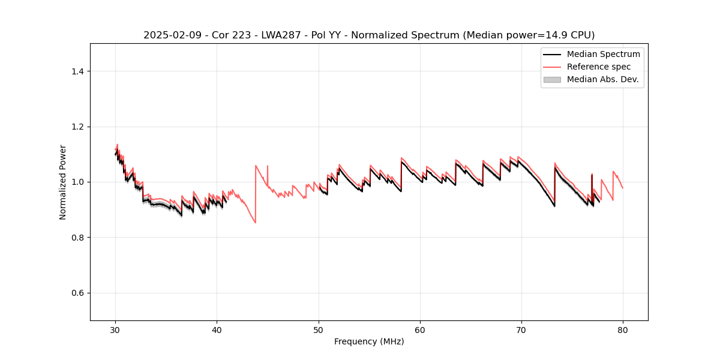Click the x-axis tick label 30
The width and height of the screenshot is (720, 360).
[115, 329]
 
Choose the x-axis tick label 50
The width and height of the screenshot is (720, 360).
[318, 329]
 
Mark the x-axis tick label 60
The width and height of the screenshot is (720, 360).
[419, 329]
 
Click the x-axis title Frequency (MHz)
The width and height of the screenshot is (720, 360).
[369, 341]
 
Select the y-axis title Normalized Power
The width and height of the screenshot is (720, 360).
[63, 182]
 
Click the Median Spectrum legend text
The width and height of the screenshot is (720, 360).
[603, 54]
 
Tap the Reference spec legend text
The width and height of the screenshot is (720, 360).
[599, 67]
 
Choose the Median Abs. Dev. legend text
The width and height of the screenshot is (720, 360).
[602, 79]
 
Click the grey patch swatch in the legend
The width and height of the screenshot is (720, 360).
[551, 79]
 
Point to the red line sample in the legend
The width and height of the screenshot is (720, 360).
[551, 67]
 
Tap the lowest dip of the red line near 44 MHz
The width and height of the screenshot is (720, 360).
[256, 223]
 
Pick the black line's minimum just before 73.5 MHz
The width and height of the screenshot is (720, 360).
[554, 206]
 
